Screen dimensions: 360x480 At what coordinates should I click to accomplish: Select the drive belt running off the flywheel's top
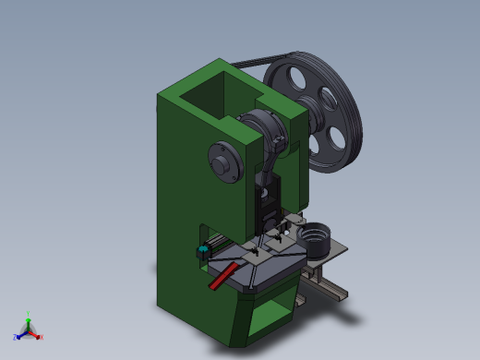pos(249,62)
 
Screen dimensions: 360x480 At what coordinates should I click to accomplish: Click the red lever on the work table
pos(223,276)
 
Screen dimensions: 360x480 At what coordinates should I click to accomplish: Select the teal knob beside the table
pos(202,251)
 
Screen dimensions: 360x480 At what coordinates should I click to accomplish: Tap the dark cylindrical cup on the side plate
pos(317,240)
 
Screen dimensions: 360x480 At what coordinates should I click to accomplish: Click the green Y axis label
pos(29,313)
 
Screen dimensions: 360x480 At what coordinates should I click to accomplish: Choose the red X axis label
pos(42,337)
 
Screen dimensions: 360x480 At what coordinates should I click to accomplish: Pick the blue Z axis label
pos(16,337)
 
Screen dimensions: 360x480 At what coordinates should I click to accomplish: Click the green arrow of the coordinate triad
pos(28,322)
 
